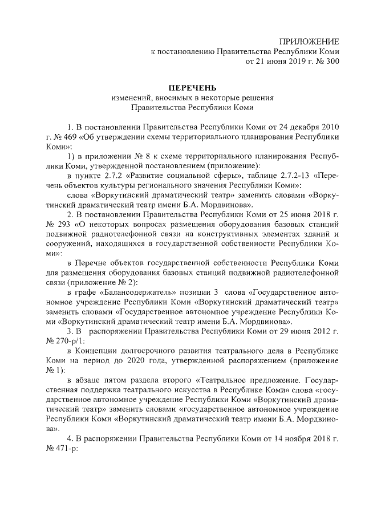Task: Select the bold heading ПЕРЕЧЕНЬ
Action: (x=192, y=88)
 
